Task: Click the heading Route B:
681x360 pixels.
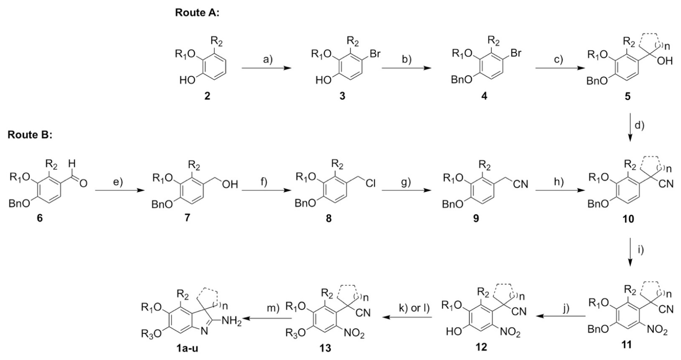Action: pos(30,135)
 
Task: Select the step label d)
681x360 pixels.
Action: pos(639,125)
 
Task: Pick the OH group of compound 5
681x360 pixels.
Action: pos(665,61)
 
